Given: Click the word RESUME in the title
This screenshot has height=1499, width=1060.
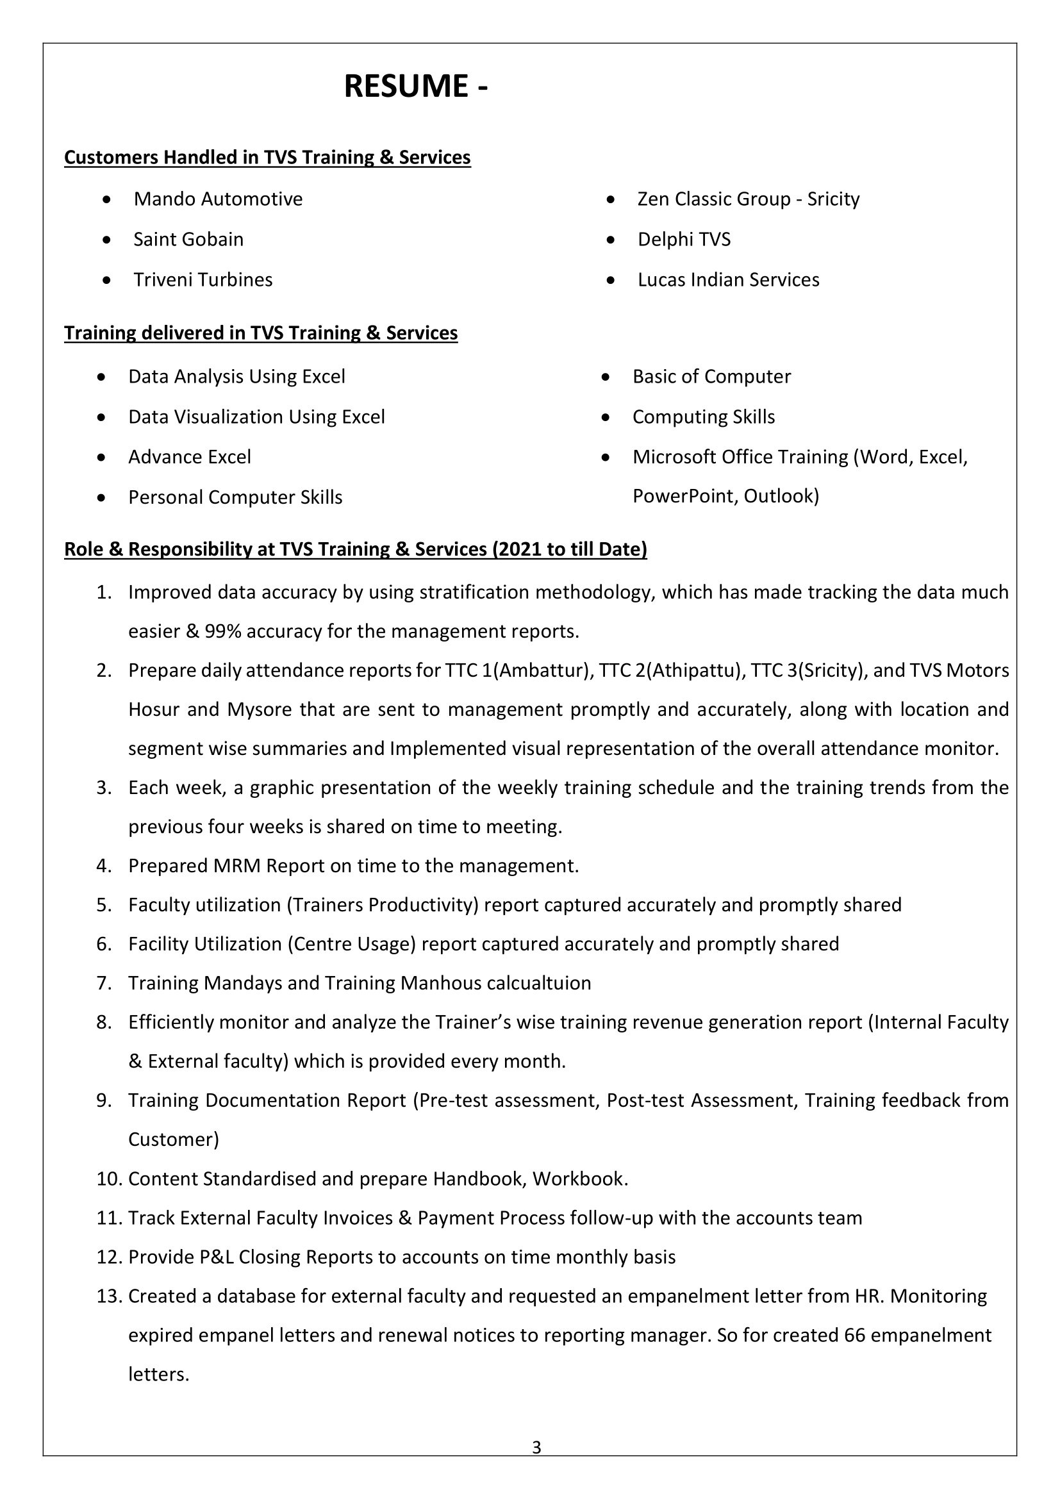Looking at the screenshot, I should pos(405,86).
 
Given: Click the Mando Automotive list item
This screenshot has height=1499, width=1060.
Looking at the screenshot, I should pos(218,199).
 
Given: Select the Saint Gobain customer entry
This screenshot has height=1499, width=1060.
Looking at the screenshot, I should pos(188,239).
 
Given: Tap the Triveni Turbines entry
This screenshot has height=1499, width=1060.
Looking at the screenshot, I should pos(203,279).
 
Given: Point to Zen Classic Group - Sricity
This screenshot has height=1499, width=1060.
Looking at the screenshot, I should pos(748,199).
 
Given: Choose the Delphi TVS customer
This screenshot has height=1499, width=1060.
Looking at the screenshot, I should pos(684,239).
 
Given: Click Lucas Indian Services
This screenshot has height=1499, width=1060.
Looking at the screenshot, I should pos(729,279).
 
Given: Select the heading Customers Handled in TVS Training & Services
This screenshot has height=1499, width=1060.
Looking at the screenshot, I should pos(267,158).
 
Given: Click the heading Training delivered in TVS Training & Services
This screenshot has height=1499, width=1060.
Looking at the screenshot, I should pos(260,333).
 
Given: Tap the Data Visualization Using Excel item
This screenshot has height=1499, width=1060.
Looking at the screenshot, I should pos(256,417).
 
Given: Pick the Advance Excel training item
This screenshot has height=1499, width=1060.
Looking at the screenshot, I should pos(189,457).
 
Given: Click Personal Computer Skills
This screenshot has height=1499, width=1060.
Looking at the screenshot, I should pos(235,497).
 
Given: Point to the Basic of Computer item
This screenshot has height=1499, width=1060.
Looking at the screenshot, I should pos(711,376).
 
